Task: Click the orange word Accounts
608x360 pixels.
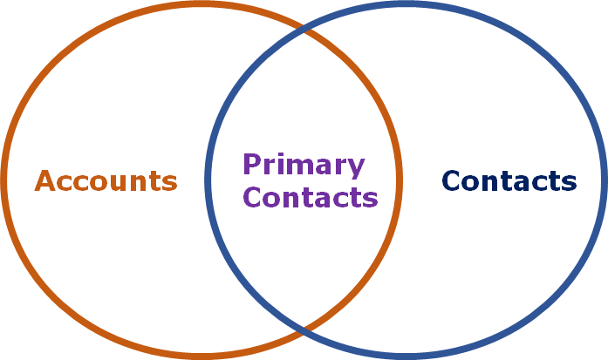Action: pyautogui.click(x=106, y=181)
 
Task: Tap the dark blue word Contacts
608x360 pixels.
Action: pyautogui.click(x=509, y=181)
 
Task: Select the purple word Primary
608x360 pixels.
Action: pyautogui.click(x=304, y=164)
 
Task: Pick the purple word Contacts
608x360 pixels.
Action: pyautogui.click(x=311, y=198)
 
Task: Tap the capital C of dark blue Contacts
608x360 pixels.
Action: pyautogui.click(x=451, y=181)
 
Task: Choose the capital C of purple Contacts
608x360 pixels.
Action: pyautogui.click(x=253, y=198)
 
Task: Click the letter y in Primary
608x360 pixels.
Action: pyautogui.click(x=356, y=166)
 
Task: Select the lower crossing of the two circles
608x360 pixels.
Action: pyautogui.click(x=304, y=329)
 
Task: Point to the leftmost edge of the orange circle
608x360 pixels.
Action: pyautogui.click(x=4, y=180)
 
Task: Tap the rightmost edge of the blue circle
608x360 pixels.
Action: pyautogui.click(x=604, y=180)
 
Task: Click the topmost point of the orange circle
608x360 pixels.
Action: pyautogui.click(x=202, y=4)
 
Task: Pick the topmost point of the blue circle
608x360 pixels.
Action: pyautogui.click(x=406, y=4)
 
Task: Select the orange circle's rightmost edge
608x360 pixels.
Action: pyautogui.click(x=400, y=180)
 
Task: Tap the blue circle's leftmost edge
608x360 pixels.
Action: pyautogui.click(x=208, y=180)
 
